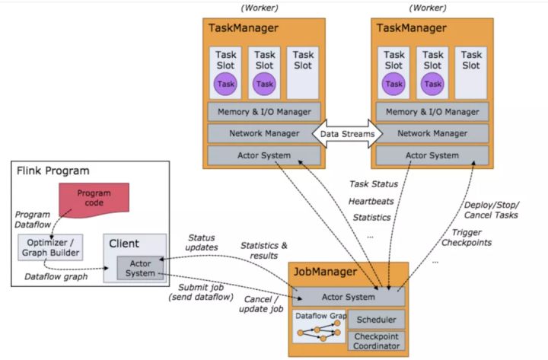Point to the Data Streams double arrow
coord(346,134)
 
